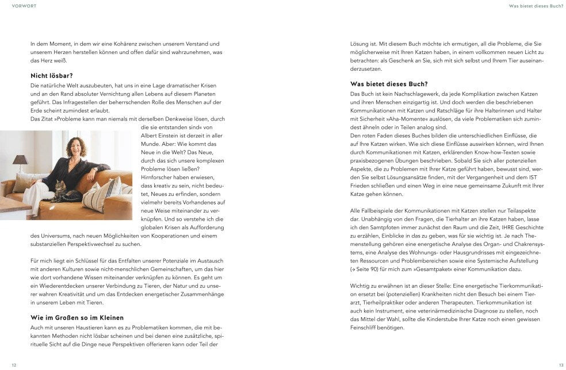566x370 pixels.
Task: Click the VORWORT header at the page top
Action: tap(22, 6)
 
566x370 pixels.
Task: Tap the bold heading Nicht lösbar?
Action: tap(52, 75)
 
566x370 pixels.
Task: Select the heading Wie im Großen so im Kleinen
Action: tap(77, 318)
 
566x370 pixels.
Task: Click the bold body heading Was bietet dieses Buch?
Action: tap(389, 84)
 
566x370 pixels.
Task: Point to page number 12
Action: tap(14, 365)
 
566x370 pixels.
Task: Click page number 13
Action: tap(561, 365)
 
